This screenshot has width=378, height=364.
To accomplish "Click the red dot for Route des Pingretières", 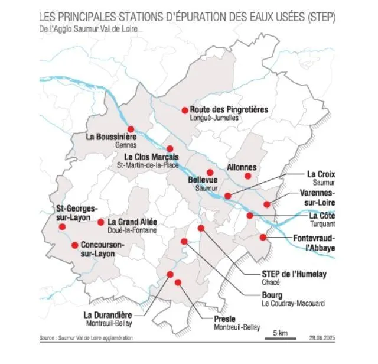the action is click(x=185, y=110).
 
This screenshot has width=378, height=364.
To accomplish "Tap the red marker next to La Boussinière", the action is click(x=131, y=129).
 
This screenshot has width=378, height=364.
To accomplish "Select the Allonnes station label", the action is click(x=242, y=167).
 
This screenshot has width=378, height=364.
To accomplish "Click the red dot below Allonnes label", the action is click(x=248, y=176).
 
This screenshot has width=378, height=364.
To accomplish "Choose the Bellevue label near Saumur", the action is click(x=203, y=180).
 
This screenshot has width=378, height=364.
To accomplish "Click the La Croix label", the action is click(x=321, y=174).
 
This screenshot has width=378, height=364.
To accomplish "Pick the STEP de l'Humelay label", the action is click(x=294, y=274).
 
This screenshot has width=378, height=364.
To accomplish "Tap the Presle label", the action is click(x=224, y=319).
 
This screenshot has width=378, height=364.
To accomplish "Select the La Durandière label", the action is click(x=108, y=314).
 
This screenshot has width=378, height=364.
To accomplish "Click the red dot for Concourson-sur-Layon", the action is click(x=74, y=245).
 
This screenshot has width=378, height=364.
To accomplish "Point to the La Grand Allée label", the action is click(x=132, y=222).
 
